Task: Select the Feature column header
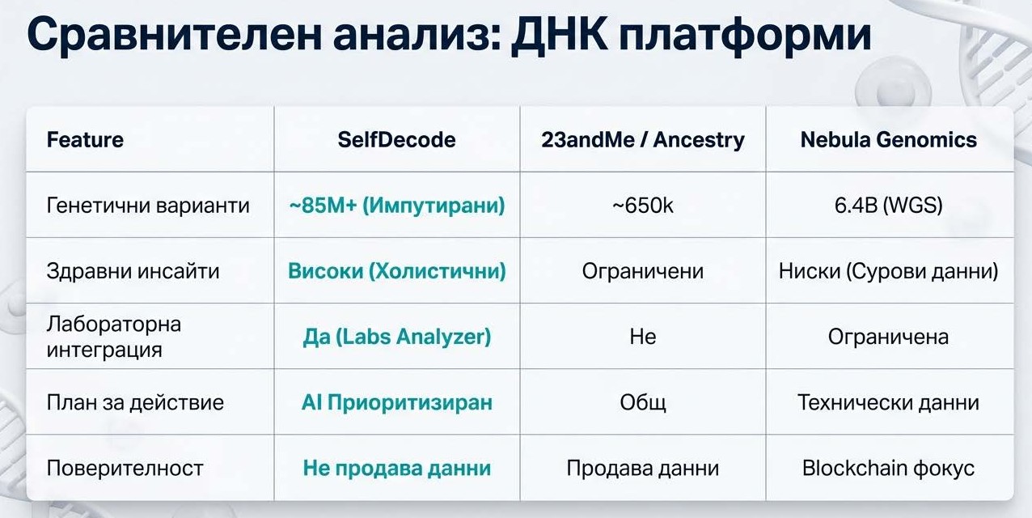point(85,140)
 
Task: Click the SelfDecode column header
point(396,140)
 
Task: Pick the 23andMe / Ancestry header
point(643,140)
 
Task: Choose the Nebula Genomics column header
point(889,140)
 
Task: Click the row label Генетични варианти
point(148,206)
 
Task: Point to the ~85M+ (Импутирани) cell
point(396,206)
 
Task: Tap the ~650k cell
point(643,206)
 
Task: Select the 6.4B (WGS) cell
point(889,206)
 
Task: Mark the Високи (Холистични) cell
point(396,271)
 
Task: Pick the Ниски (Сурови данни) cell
point(889,271)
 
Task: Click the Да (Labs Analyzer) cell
point(396,337)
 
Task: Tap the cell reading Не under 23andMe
point(643,337)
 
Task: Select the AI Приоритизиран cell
point(396,402)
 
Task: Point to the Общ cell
point(643,402)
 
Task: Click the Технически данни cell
point(889,402)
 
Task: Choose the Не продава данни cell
point(396,468)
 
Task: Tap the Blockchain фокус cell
point(889,468)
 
